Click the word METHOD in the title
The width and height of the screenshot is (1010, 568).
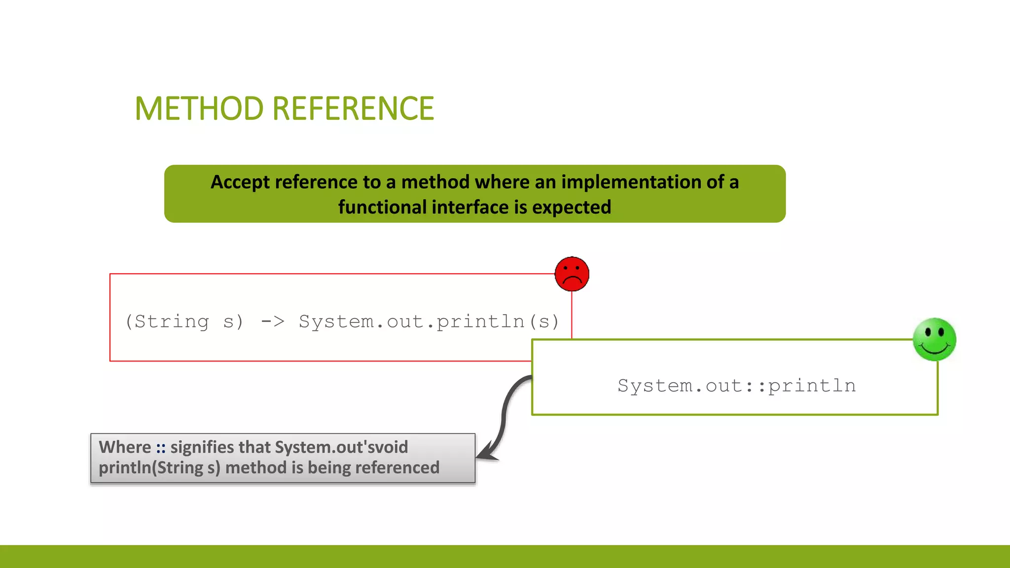click(x=200, y=108)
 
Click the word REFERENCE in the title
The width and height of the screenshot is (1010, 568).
click(x=353, y=108)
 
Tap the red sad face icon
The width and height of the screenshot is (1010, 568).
click(x=572, y=274)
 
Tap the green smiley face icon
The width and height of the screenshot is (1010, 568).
click(x=934, y=339)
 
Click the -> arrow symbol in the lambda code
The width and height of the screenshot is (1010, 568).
click(x=273, y=321)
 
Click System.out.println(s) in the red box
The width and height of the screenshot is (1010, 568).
click(x=429, y=321)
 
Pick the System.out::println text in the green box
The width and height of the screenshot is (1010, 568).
click(x=736, y=386)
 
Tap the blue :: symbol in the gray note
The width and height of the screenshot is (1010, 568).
click(x=161, y=447)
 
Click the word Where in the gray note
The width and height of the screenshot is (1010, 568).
click(x=125, y=447)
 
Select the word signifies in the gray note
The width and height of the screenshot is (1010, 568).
click(x=202, y=447)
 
